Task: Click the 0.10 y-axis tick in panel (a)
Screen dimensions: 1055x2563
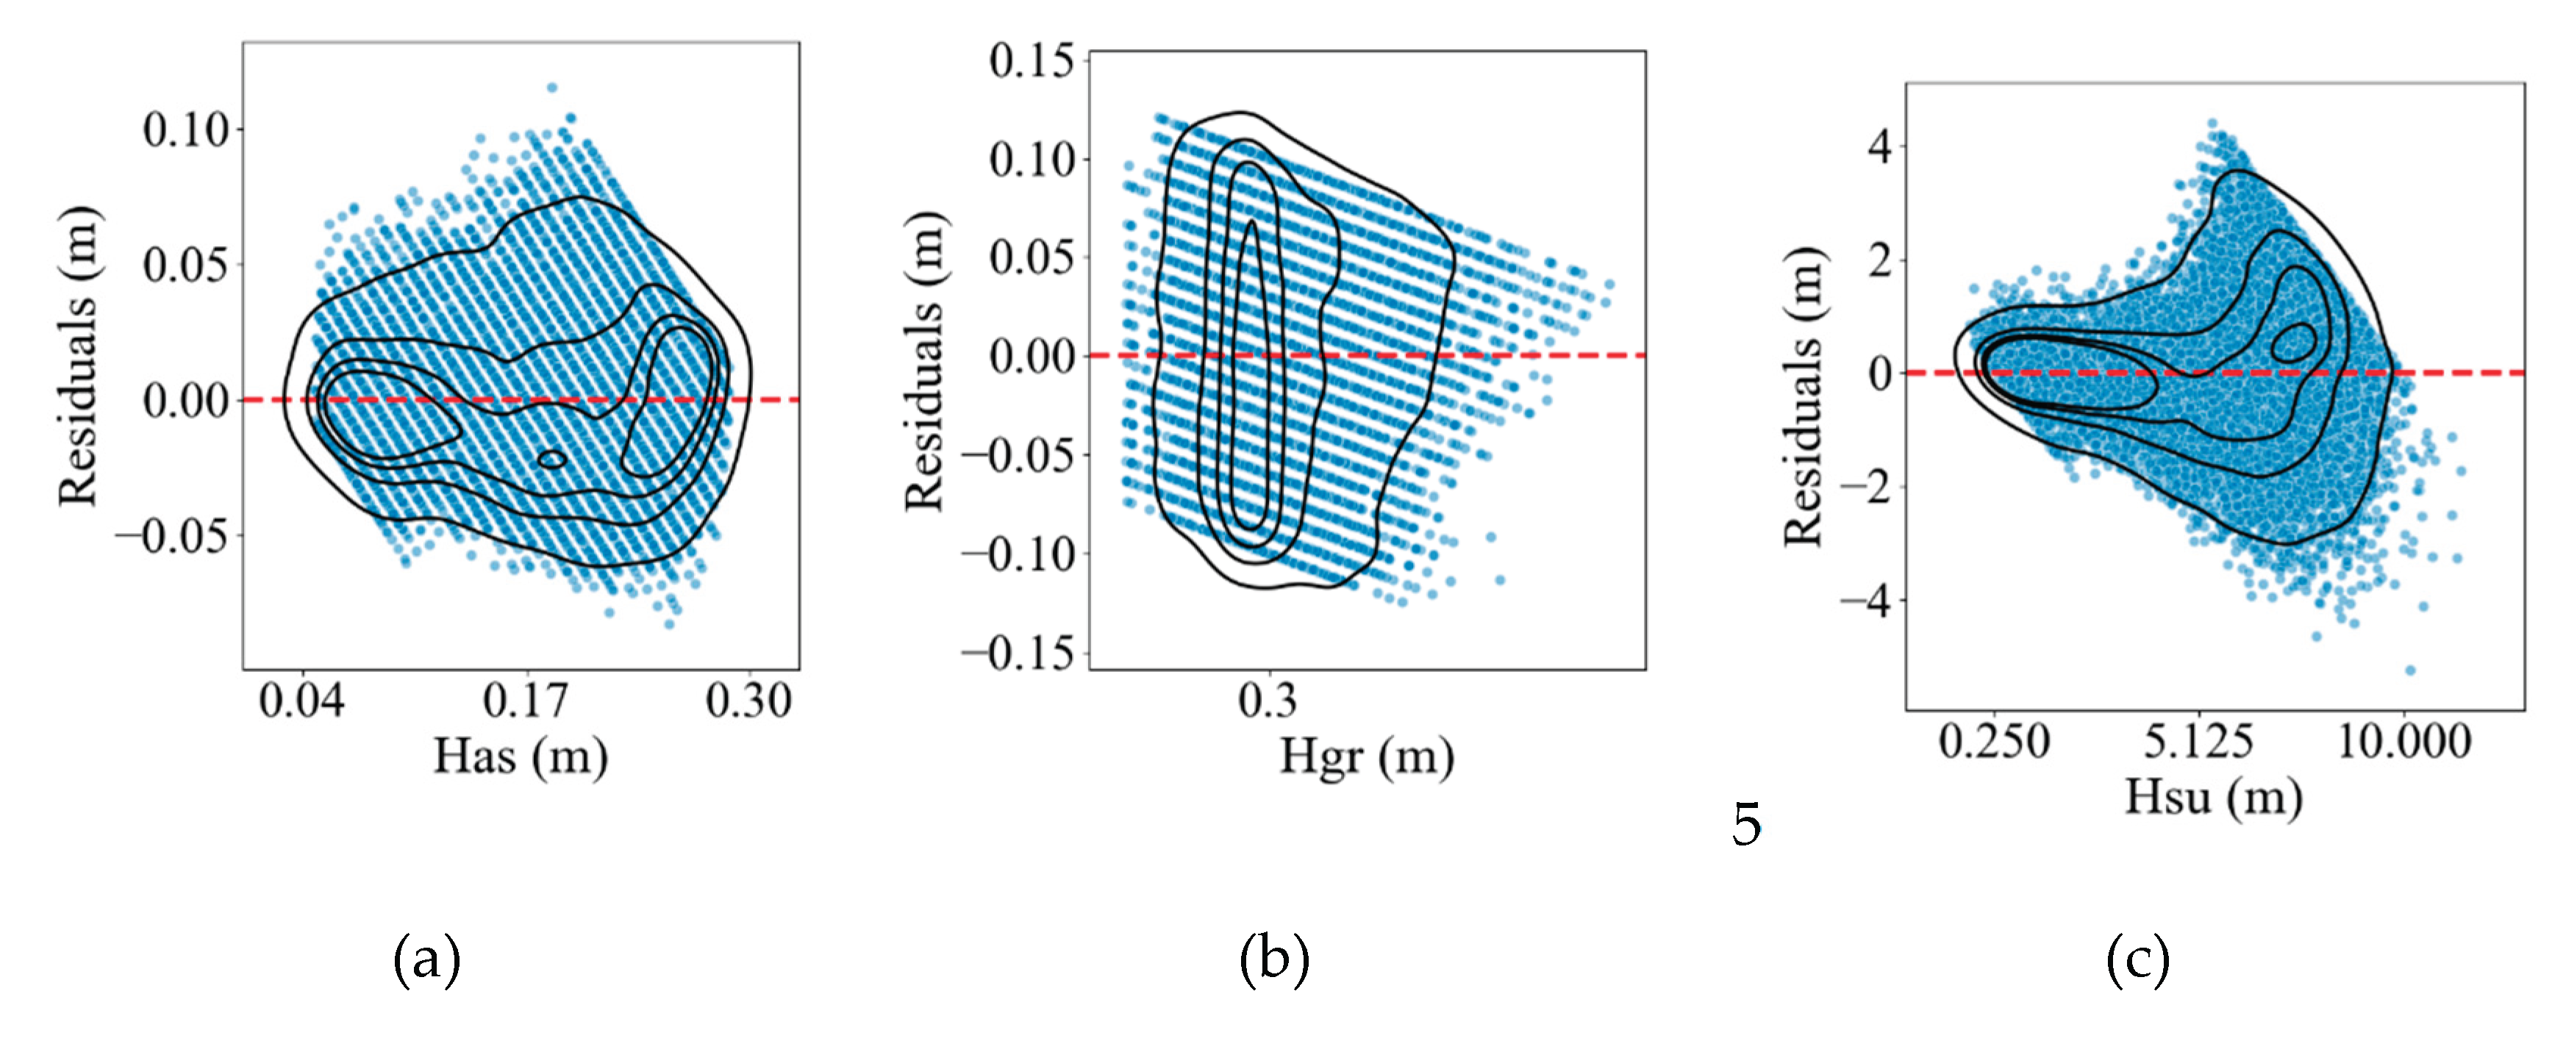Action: pyautogui.click(x=186, y=130)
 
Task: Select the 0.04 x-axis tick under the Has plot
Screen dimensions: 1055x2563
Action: pyautogui.click(x=301, y=701)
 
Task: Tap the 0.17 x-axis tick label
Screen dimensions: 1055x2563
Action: pyautogui.click(x=526, y=701)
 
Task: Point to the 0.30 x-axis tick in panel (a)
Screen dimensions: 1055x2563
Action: pyautogui.click(x=748, y=701)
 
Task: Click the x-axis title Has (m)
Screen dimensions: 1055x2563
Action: pyautogui.click(x=521, y=757)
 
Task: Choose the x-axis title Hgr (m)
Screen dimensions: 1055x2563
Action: pyautogui.click(x=1366, y=757)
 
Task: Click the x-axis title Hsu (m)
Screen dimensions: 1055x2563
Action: pyautogui.click(x=2214, y=797)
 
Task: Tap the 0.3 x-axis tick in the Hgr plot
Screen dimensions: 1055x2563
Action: pyautogui.click(x=1268, y=701)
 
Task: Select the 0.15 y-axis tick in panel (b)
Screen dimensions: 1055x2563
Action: pyautogui.click(x=1032, y=62)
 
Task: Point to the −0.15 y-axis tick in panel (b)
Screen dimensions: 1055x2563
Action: pyautogui.click(x=1020, y=654)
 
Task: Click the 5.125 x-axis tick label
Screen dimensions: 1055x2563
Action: pyautogui.click(x=2198, y=742)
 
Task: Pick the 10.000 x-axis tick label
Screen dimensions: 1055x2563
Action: pyautogui.click(x=2403, y=742)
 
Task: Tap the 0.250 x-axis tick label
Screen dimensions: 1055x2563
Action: pyautogui.click(x=1994, y=742)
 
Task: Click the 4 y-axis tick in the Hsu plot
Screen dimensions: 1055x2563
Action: pyautogui.click(x=1879, y=147)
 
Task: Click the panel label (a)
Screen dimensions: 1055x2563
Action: pyautogui.click(x=427, y=959)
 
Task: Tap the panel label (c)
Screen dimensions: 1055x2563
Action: pyautogui.click(x=2137, y=959)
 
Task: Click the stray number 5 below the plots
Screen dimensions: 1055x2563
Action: pyautogui.click(x=1746, y=824)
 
